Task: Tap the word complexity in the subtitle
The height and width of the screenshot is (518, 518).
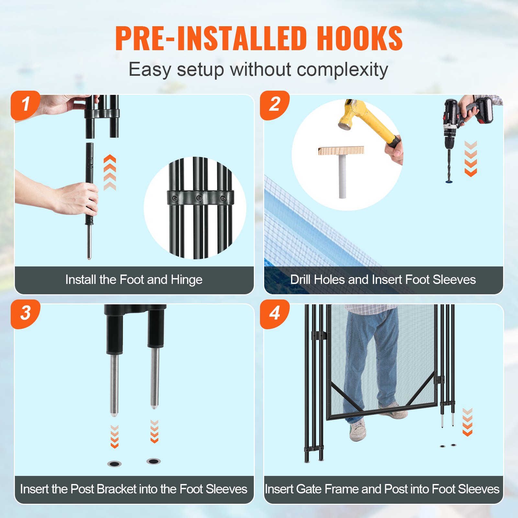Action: click(x=342, y=70)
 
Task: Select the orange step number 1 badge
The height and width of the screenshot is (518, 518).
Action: click(x=25, y=105)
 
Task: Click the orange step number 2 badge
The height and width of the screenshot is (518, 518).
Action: click(x=275, y=105)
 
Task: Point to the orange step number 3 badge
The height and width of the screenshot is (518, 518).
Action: click(x=25, y=313)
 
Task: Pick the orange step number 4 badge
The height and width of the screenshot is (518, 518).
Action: click(x=275, y=313)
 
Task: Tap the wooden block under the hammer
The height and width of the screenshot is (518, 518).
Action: click(x=341, y=151)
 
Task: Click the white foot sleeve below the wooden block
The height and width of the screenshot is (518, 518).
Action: click(x=343, y=176)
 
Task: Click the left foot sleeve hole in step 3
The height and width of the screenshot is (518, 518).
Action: click(x=114, y=464)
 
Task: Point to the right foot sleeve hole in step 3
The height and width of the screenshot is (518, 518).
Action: click(x=153, y=461)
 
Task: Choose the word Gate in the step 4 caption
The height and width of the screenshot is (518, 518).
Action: click(x=307, y=489)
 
